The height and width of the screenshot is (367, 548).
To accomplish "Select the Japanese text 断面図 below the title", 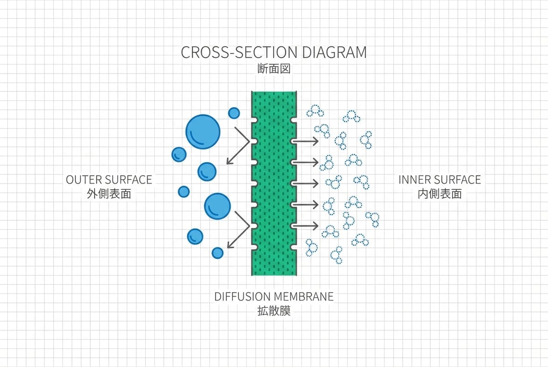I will click(274, 69).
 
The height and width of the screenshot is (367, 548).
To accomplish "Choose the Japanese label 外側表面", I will click(109, 194).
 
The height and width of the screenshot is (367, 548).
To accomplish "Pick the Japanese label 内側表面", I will click(440, 194).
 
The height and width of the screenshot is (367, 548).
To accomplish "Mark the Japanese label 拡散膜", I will click(274, 311).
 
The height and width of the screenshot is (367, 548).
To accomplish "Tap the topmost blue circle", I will click(234, 113).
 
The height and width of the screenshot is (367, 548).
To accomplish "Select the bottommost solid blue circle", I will click(218, 253).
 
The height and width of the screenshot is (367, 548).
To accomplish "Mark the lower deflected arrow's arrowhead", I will click(229, 246).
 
